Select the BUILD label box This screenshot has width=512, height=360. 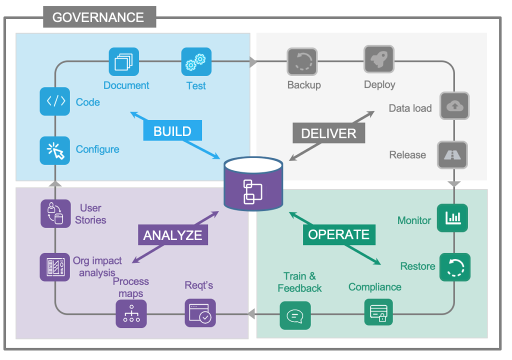point(172,131)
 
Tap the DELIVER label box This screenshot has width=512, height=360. point(328,133)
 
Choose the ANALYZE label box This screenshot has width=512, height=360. point(172,235)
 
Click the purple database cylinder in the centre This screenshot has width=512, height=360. point(253,184)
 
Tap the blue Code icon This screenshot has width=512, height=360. point(55,101)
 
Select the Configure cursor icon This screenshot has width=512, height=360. point(55,150)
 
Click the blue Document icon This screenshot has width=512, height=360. point(123,62)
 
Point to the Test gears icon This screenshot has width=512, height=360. point(196,62)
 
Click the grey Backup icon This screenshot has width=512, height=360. point(302,62)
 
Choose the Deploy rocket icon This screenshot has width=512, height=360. point(378,60)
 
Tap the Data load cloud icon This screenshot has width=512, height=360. point(454,105)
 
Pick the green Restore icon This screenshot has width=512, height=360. point(454,266)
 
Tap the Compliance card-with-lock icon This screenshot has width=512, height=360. point(378,312)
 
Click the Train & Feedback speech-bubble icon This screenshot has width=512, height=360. point(295,315)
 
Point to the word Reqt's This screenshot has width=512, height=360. point(199,285)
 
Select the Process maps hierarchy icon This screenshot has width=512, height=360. point(131,313)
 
